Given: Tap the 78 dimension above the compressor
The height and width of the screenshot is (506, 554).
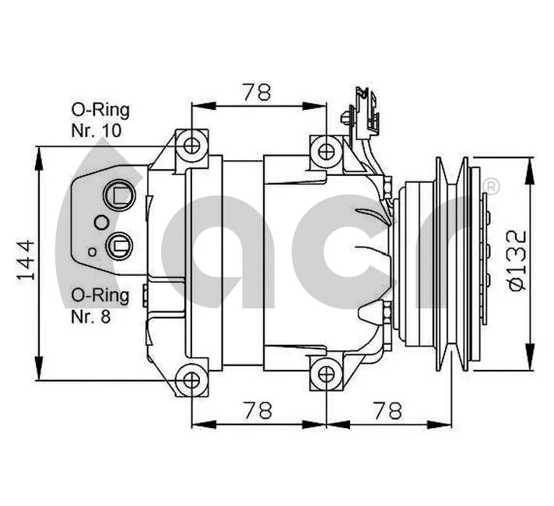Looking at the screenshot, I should [256, 92].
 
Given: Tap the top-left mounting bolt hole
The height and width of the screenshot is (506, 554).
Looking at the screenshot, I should [191, 145].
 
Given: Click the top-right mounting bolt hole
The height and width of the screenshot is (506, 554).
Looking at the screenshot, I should [325, 149].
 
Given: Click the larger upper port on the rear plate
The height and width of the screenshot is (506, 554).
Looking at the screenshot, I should [120, 195].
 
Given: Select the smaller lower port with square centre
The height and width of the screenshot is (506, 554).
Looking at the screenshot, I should [120, 245].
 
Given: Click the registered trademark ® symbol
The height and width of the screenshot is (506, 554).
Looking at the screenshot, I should [491, 186].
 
